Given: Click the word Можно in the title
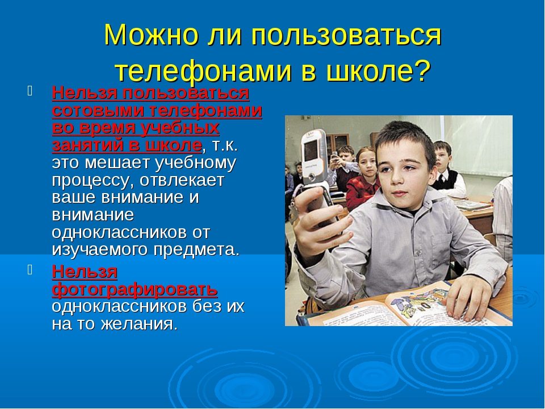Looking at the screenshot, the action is pos(152,35).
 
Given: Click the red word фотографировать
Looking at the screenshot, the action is pos(135,289).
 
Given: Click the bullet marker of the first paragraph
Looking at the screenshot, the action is pos(30,91).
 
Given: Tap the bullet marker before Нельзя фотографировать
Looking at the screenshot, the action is pos(30,269).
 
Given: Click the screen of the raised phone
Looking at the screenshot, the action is pos(311,150).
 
